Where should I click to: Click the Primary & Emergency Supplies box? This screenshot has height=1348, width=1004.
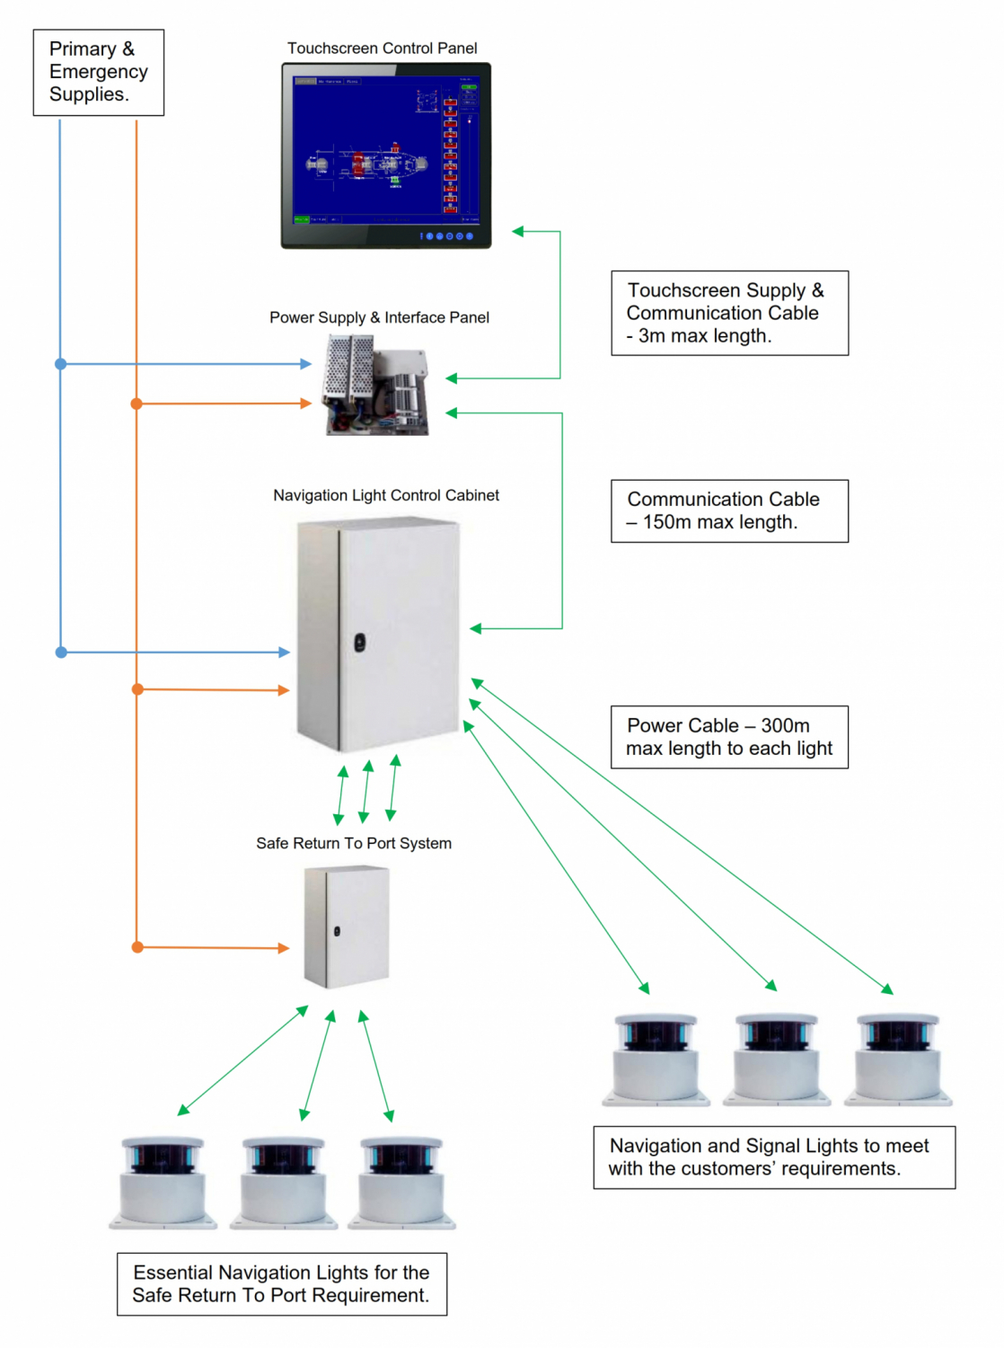tap(98, 72)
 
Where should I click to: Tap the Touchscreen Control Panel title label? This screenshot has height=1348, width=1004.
tap(382, 49)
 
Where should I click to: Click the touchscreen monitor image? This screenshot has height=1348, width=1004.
tap(386, 155)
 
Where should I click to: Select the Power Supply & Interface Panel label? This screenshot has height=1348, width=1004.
tap(379, 317)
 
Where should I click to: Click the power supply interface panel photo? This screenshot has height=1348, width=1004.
tap(376, 385)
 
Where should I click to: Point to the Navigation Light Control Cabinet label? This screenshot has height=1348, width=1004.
tap(386, 495)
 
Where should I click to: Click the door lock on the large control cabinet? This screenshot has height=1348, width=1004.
tap(359, 642)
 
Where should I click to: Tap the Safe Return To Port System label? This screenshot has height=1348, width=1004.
tap(354, 843)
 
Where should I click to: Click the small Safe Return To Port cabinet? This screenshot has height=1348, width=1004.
tap(346, 927)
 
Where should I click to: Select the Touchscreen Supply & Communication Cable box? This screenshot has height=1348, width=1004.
tap(729, 313)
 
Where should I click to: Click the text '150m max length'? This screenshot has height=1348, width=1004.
tap(719, 522)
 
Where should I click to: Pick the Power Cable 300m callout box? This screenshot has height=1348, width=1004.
tap(729, 737)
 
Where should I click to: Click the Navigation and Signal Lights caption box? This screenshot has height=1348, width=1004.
tap(774, 1157)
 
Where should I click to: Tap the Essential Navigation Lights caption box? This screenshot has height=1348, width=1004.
tap(282, 1284)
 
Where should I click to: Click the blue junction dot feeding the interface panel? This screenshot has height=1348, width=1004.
tap(61, 364)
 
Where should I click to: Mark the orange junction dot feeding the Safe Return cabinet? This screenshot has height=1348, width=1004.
tap(137, 947)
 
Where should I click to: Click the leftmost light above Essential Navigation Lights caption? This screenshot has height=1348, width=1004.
tap(163, 1182)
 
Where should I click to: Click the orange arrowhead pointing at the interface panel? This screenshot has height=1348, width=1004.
tap(306, 404)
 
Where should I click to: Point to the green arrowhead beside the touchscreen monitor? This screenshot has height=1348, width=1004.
tap(518, 232)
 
